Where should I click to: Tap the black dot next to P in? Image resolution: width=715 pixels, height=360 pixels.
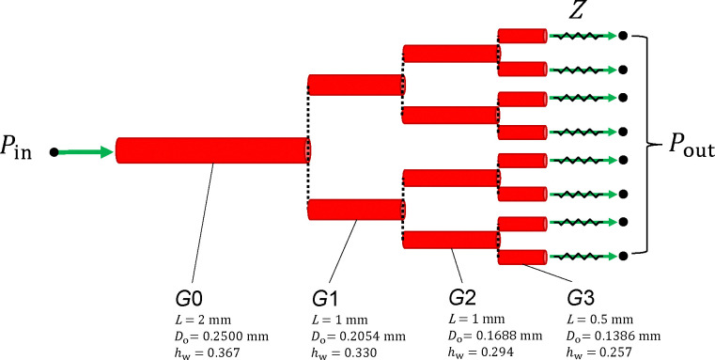[54, 152]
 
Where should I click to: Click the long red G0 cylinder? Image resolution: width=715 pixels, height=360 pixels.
[213, 150]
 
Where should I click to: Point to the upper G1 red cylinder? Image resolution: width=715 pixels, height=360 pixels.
[357, 85]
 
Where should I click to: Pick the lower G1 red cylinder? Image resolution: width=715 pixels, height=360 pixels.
[357, 210]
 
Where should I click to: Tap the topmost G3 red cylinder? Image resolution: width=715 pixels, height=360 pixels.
[522, 36]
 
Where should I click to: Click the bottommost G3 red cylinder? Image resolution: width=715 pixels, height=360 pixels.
[522, 258]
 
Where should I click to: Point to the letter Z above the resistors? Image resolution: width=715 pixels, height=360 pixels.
[576, 10]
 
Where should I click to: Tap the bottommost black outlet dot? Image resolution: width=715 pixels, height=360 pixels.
[623, 257]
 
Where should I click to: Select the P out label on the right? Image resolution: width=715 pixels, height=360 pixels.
[692, 146]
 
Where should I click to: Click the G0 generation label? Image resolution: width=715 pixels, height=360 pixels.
[189, 299]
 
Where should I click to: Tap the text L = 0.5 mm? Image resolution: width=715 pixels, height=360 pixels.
[600, 320]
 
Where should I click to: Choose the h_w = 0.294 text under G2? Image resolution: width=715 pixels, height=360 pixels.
[481, 352]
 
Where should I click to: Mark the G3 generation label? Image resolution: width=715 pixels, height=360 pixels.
[581, 299]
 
